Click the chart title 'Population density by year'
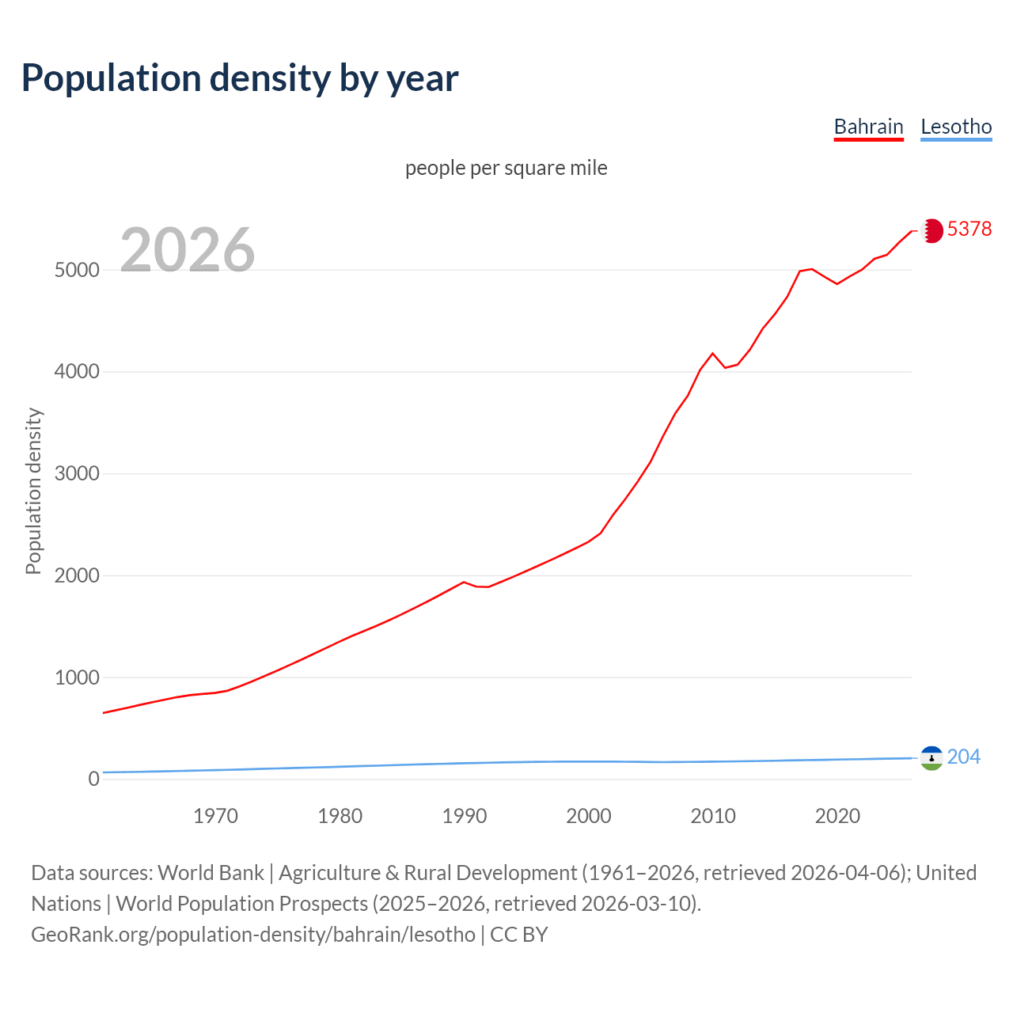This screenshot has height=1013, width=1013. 240,78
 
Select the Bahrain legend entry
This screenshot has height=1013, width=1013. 868,127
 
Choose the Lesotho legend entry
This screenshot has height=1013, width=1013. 956,127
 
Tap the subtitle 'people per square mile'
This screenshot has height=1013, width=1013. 506,168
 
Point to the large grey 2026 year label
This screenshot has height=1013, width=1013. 188,250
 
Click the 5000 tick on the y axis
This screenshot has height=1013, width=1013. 77,270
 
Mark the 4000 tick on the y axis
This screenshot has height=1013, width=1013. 77,371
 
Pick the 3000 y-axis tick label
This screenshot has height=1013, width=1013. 77,473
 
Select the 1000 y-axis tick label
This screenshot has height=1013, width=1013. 77,677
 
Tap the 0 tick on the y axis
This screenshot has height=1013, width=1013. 94,779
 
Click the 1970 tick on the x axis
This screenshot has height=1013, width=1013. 215,816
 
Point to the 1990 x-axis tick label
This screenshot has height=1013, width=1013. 465,816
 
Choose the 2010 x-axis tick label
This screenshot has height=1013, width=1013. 713,816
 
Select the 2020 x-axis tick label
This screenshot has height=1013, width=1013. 837,816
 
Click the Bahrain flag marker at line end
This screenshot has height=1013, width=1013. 931,230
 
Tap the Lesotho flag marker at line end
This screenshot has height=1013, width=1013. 931,758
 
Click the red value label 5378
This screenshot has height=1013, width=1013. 969,229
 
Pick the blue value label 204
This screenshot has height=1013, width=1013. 963,757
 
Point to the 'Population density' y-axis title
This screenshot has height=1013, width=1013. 33,491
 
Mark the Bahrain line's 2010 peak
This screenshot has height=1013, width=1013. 712,353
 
